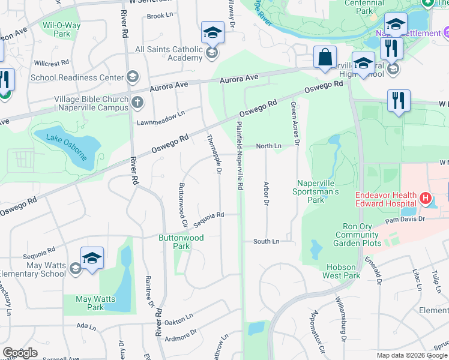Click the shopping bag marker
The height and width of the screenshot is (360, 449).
pyautogui.click(x=325, y=58)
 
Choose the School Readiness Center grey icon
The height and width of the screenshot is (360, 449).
pyautogui.click(x=132, y=77)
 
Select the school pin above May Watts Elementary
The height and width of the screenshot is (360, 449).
pyautogui.click(x=92, y=259)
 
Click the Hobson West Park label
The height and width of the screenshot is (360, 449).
pyautogui.click(x=343, y=271)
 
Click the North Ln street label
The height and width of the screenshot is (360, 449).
pyautogui.click(x=268, y=146)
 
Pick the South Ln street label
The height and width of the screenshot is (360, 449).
pyautogui.click(x=266, y=241)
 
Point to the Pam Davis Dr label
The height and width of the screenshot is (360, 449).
pyautogui.click(x=405, y=220)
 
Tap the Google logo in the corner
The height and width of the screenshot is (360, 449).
pyautogui.click(x=20, y=353)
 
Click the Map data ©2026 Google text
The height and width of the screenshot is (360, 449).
pyautogui.click(x=412, y=355)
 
